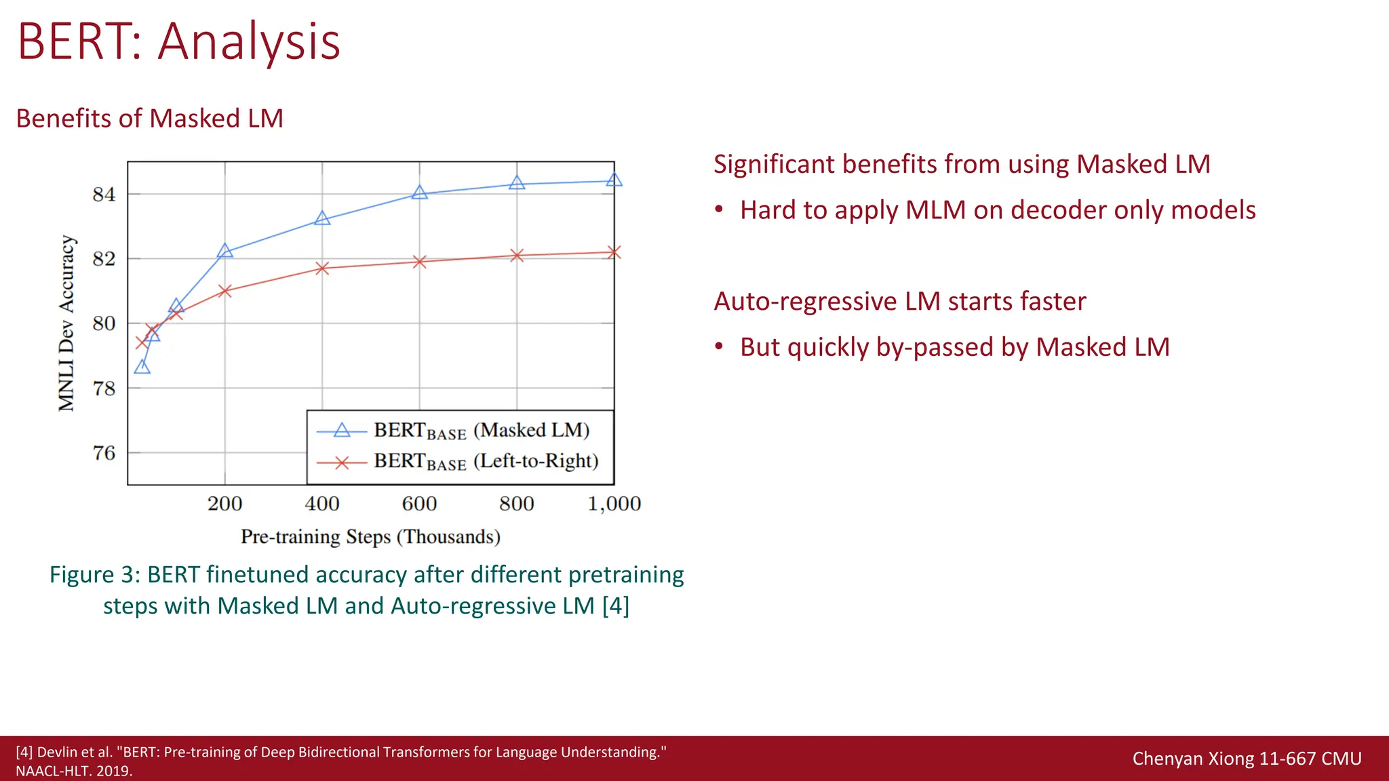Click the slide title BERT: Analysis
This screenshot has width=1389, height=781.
tap(178, 42)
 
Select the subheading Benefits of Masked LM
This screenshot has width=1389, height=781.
tap(149, 119)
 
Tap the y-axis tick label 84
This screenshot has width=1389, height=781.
tap(104, 195)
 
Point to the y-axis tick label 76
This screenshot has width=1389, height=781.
tap(104, 453)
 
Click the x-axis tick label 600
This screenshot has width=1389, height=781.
tap(419, 504)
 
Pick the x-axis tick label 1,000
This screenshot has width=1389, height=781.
tap(614, 504)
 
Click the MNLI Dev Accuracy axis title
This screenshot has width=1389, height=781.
tap(66, 323)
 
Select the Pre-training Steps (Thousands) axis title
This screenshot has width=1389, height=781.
tap(370, 537)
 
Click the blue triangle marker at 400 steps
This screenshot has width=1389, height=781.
tap(322, 218)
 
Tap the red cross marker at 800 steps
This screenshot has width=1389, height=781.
tap(517, 256)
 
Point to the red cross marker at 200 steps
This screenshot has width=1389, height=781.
tap(225, 291)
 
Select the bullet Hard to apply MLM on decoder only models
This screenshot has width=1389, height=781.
tap(997, 210)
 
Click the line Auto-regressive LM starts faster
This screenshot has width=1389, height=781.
tap(899, 301)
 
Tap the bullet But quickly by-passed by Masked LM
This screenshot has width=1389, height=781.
tap(954, 347)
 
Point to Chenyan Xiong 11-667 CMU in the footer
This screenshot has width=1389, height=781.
tap(1247, 758)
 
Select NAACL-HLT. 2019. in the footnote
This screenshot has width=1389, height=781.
tap(74, 771)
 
